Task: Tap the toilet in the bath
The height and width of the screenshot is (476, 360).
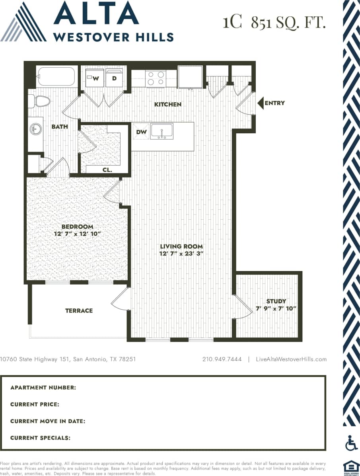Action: click(x=40, y=101)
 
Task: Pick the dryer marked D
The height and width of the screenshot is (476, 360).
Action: click(x=114, y=78)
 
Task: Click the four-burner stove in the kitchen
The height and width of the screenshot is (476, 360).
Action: click(x=156, y=78)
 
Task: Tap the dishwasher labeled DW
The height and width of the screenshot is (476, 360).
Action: click(x=141, y=132)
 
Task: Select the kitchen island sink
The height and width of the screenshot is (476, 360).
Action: click(x=162, y=131)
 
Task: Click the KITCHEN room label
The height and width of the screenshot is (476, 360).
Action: click(x=168, y=105)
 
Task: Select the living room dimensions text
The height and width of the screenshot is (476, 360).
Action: click(x=181, y=254)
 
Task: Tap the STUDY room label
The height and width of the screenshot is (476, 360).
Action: click(x=276, y=301)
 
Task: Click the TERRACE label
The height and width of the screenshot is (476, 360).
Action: click(x=79, y=310)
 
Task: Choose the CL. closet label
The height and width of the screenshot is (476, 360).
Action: click(x=107, y=170)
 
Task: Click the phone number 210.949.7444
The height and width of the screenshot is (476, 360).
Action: click(x=222, y=359)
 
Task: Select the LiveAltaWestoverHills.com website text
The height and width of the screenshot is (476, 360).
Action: click(x=292, y=359)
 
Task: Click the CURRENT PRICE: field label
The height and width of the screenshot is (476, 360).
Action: click(x=35, y=404)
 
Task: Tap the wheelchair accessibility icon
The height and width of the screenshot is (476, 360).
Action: click(x=351, y=443)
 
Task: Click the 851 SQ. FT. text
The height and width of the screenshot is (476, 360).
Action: click(x=288, y=23)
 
